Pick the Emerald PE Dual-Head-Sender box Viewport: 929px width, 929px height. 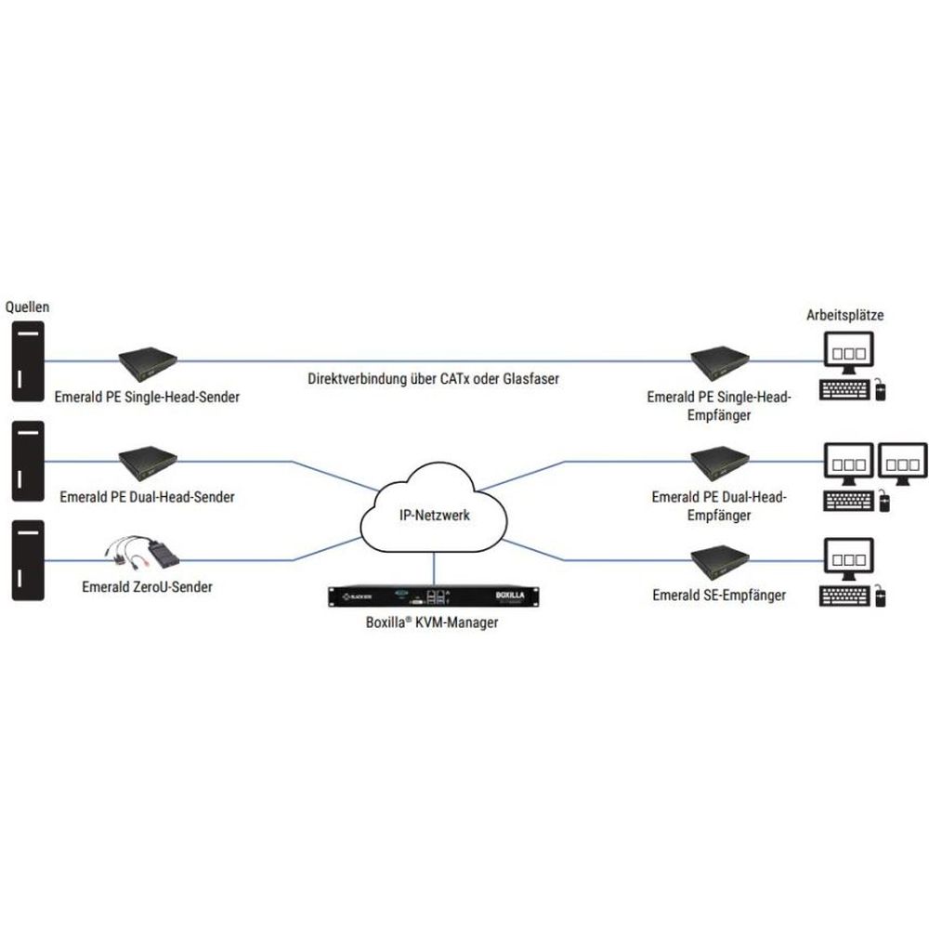[x=149, y=459]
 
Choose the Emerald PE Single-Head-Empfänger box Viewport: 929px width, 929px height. [x=720, y=361]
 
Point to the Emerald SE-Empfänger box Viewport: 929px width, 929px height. [x=720, y=560]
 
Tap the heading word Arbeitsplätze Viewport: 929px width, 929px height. [x=844, y=315]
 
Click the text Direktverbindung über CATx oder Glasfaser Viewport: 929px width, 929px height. [x=435, y=378]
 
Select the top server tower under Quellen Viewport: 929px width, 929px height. [x=28, y=362]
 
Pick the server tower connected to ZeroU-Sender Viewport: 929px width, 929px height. [x=28, y=560]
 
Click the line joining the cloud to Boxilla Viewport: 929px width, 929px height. [x=433, y=566]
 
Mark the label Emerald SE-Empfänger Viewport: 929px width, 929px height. [x=719, y=595]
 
